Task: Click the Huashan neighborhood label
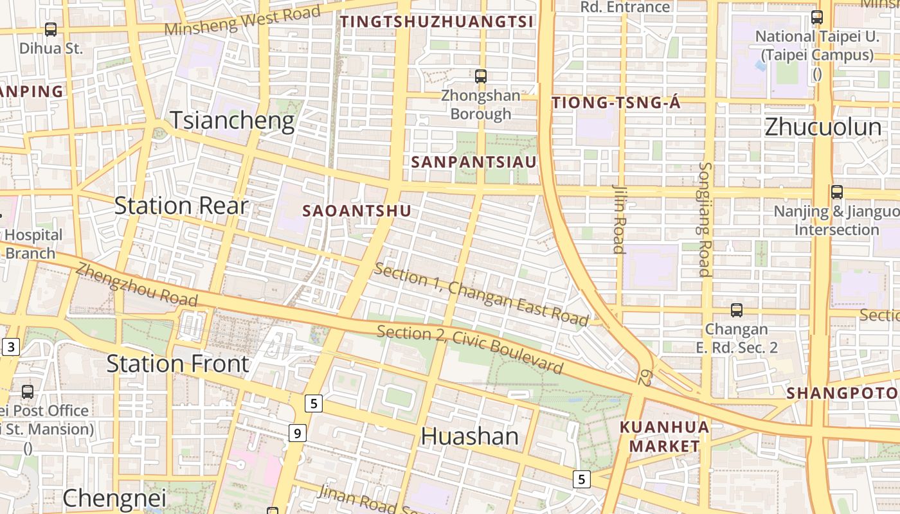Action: tap(469, 437)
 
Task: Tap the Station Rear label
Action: tap(181, 206)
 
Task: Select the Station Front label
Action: tap(177, 364)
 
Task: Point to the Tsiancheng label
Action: tap(232, 121)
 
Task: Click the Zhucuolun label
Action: tap(823, 127)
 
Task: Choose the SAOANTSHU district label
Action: tap(356, 211)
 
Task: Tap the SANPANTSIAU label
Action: tap(473, 162)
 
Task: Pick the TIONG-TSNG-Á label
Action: tap(616, 103)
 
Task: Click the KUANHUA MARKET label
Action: tap(665, 436)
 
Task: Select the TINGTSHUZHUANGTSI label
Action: tap(437, 22)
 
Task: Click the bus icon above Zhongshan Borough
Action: tap(480, 76)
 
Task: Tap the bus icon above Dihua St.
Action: tap(51, 30)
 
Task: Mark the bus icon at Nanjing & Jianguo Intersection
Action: tap(836, 191)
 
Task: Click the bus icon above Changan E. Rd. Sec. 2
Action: tap(736, 310)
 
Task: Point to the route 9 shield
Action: tap(296, 434)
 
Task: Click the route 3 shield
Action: tap(10, 348)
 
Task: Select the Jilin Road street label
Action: tap(619, 218)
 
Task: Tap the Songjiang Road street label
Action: tap(705, 218)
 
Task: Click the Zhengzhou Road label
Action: tap(136, 285)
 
